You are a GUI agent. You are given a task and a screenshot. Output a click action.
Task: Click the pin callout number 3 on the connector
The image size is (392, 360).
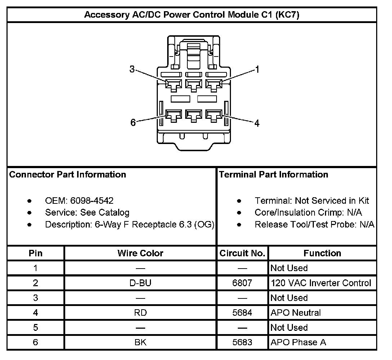click(132, 69)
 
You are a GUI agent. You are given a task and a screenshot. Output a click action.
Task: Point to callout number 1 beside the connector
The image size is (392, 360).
click(257, 69)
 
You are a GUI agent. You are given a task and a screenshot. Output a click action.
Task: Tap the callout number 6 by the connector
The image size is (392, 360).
click(133, 123)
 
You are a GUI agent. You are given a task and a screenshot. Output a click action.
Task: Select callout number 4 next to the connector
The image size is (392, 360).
click(257, 123)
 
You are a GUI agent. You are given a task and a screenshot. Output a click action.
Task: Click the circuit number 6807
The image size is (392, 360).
click(242, 283)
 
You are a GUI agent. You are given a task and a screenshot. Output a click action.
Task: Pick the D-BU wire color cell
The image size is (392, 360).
click(141, 283)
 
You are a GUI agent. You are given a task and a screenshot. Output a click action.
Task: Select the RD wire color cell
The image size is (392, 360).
click(141, 312)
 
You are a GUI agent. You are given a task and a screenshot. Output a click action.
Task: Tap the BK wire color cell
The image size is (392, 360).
click(141, 342)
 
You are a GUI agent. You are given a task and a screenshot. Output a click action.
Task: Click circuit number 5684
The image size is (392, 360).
click(242, 312)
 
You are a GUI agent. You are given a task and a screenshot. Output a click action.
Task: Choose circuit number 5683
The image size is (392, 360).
click(242, 342)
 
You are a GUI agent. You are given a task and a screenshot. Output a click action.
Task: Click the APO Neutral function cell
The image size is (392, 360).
click(295, 312)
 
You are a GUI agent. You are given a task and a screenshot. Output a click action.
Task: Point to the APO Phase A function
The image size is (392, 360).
click(298, 342)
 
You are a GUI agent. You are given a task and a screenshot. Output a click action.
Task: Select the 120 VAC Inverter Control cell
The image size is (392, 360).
click(321, 283)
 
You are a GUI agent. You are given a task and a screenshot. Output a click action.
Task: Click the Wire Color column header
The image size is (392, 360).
click(141, 253)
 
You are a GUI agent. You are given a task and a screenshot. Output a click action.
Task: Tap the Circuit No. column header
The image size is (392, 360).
click(242, 253)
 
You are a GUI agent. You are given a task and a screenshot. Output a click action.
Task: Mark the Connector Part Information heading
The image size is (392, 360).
click(68, 175)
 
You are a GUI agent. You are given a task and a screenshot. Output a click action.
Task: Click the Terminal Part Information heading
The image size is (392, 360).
click(273, 175)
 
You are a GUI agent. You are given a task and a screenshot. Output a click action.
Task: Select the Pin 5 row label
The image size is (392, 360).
click(35, 328)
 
